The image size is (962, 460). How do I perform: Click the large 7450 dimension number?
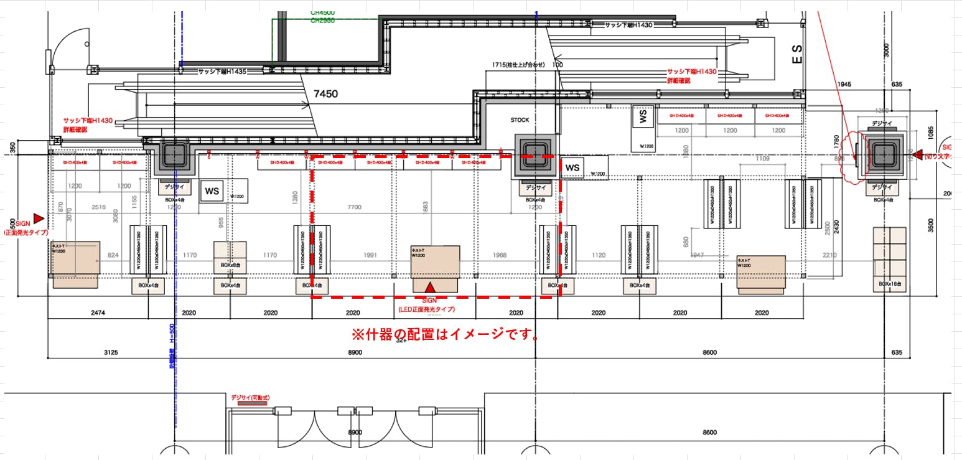pyautogui.click(x=325, y=94)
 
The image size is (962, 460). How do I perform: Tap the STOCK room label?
pyautogui.click(x=520, y=120)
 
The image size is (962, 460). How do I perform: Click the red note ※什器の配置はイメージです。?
pyautogui.click(x=446, y=334)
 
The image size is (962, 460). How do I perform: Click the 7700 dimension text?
pyautogui.click(x=354, y=207)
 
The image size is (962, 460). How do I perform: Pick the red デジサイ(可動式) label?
pyautogui.click(x=250, y=397)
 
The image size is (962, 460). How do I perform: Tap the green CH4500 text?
pyautogui.click(x=323, y=12)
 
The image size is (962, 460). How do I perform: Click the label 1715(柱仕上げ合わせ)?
pyautogui.click(x=518, y=65)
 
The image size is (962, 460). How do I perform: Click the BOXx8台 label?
pyautogui.click(x=229, y=265)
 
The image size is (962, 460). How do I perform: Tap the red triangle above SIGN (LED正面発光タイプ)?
pyautogui.click(x=430, y=288)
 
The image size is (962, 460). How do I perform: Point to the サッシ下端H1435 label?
pyautogui.click(x=222, y=72)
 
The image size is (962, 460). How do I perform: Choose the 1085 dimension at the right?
pyautogui.click(x=931, y=132)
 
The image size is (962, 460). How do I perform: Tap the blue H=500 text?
pyautogui.click(x=172, y=335)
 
